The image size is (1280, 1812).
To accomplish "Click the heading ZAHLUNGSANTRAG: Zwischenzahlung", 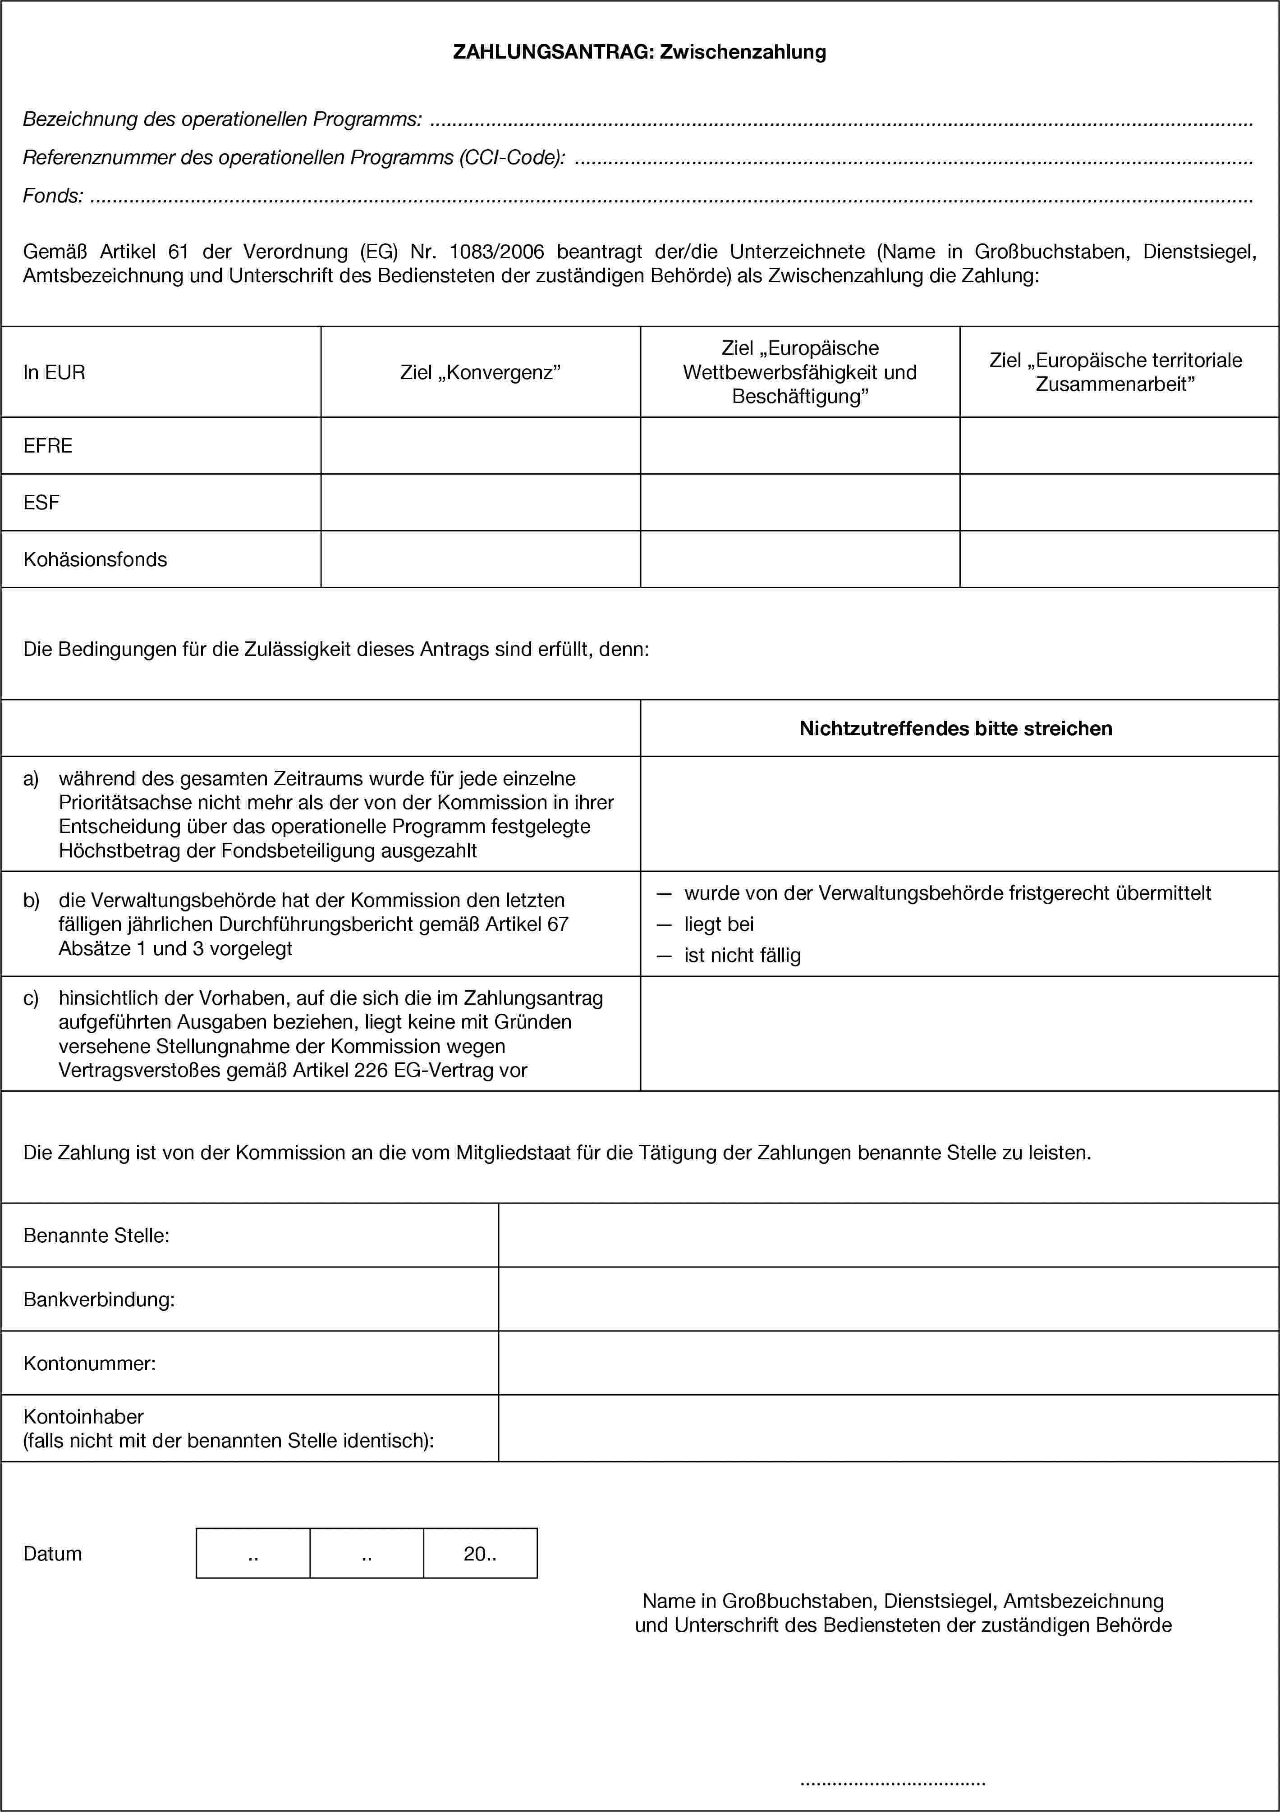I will pyautogui.click(x=639, y=52).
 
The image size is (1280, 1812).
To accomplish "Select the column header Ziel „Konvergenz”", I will pyautogui.click(x=480, y=372).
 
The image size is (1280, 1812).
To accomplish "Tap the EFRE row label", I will pyautogui.click(x=48, y=446).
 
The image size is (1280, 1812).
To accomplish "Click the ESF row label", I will pyautogui.click(x=41, y=503).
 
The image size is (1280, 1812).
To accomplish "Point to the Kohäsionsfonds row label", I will pyautogui.click(x=95, y=559).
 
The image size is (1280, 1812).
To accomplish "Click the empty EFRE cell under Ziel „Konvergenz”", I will pyautogui.click(x=480, y=446).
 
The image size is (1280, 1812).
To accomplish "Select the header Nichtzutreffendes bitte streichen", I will pyautogui.click(x=955, y=728).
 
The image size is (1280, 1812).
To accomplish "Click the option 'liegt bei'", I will pyautogui.click(x=719, y=924).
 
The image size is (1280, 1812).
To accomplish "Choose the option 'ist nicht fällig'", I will pyautogui.click(x=742, y=956).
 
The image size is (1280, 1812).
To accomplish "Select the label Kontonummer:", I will pyautogui.click(x=89, y=1363).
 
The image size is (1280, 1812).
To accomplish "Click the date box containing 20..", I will pyautogui.click(x=480, y=1554).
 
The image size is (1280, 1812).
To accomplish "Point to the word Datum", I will pyautogui.click(x=53, y=1554).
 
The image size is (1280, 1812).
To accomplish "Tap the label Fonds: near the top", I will pyautogui.click(x=53, y=196).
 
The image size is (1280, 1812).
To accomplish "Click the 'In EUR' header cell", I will pyautogui.click(x=55, y=372).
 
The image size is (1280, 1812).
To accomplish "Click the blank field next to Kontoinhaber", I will pyautogui.click(x=888, y=1428).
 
